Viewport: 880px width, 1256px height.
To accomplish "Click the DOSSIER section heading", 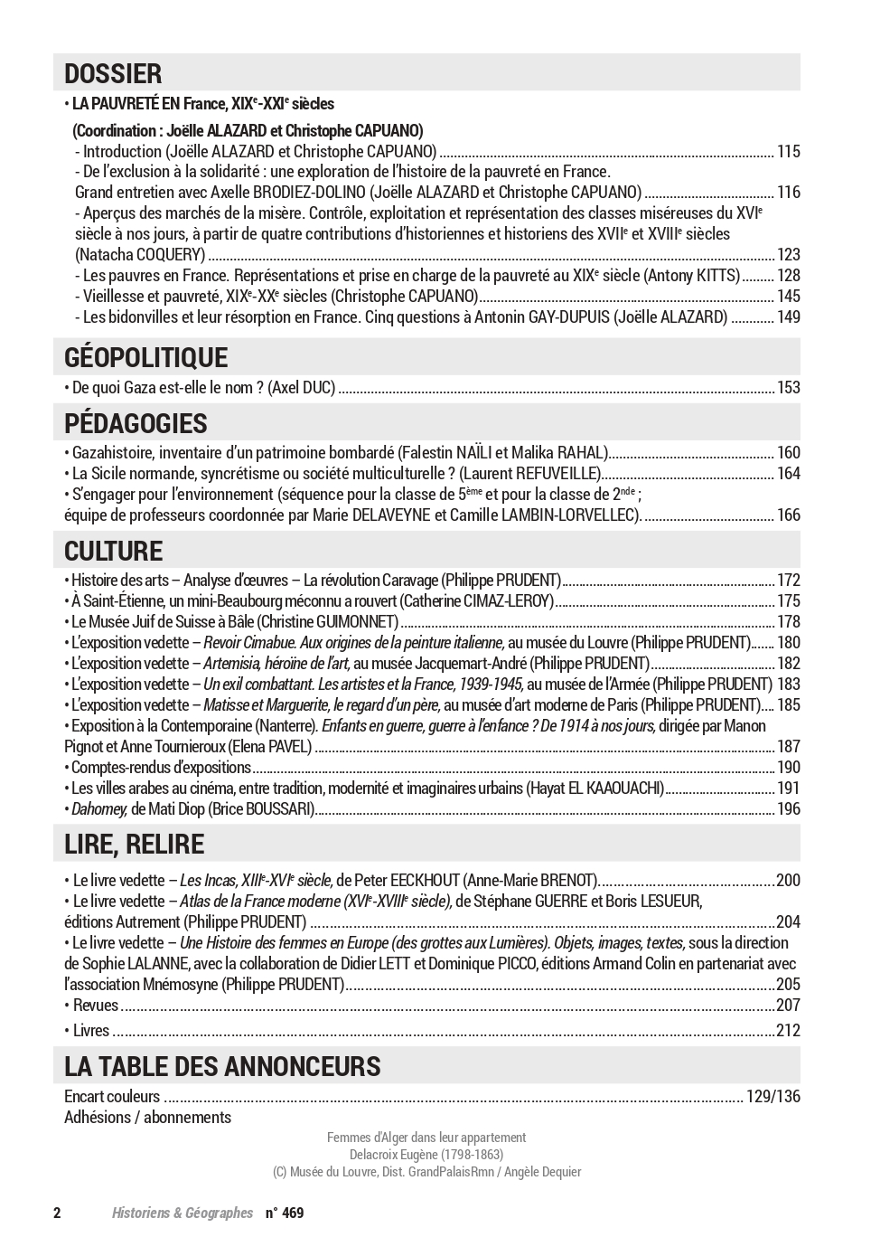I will tap(113, 73).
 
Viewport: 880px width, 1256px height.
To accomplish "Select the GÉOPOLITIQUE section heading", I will tap(145, 357).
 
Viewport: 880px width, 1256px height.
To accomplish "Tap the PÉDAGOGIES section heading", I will tap(136, 423).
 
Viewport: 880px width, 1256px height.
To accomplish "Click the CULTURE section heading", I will tap(113, 551).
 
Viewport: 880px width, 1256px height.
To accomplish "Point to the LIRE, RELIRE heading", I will tap(134, 844).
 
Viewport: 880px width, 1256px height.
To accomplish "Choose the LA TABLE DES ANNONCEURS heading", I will tap(222, 1066).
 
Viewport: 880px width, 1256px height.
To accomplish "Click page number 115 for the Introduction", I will tap(788, 152).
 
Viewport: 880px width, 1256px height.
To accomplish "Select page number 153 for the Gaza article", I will tap(788, 388).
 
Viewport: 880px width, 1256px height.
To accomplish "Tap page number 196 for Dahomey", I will tap(788, 809).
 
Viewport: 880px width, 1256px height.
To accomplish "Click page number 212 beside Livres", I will tap(788, 1031).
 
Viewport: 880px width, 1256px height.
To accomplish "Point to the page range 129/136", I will tap(773, 1097).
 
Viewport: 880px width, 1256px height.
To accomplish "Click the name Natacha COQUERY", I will tap(140, 255).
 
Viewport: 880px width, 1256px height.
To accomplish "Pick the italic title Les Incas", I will tap(209, 881).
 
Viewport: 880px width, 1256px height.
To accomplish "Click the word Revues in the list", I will tap(96, 1006).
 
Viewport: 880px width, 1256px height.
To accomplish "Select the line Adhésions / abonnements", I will tap(147, 1118).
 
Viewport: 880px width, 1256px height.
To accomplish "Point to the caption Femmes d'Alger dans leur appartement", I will tap(426, 1138).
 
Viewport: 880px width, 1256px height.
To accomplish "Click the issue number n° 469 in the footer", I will tap(285, 1214).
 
